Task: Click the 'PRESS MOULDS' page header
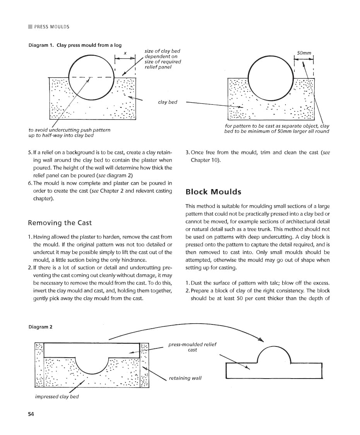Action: [51, 27]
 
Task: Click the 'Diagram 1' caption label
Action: [41, 45]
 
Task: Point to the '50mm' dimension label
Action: [304, 53]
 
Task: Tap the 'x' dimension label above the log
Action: [125, 53]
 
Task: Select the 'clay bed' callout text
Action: [168, 102]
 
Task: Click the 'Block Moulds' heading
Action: [213, 192]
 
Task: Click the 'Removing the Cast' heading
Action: [60, 223]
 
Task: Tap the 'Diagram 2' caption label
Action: [40, 327]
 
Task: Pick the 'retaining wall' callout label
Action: [185, 378]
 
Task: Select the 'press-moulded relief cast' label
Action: [192, 347]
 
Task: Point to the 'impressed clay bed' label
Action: [57, 397]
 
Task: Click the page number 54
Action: [31, 415]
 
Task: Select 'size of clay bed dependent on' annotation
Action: [162, 54]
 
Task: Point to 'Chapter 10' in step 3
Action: [205, 160]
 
